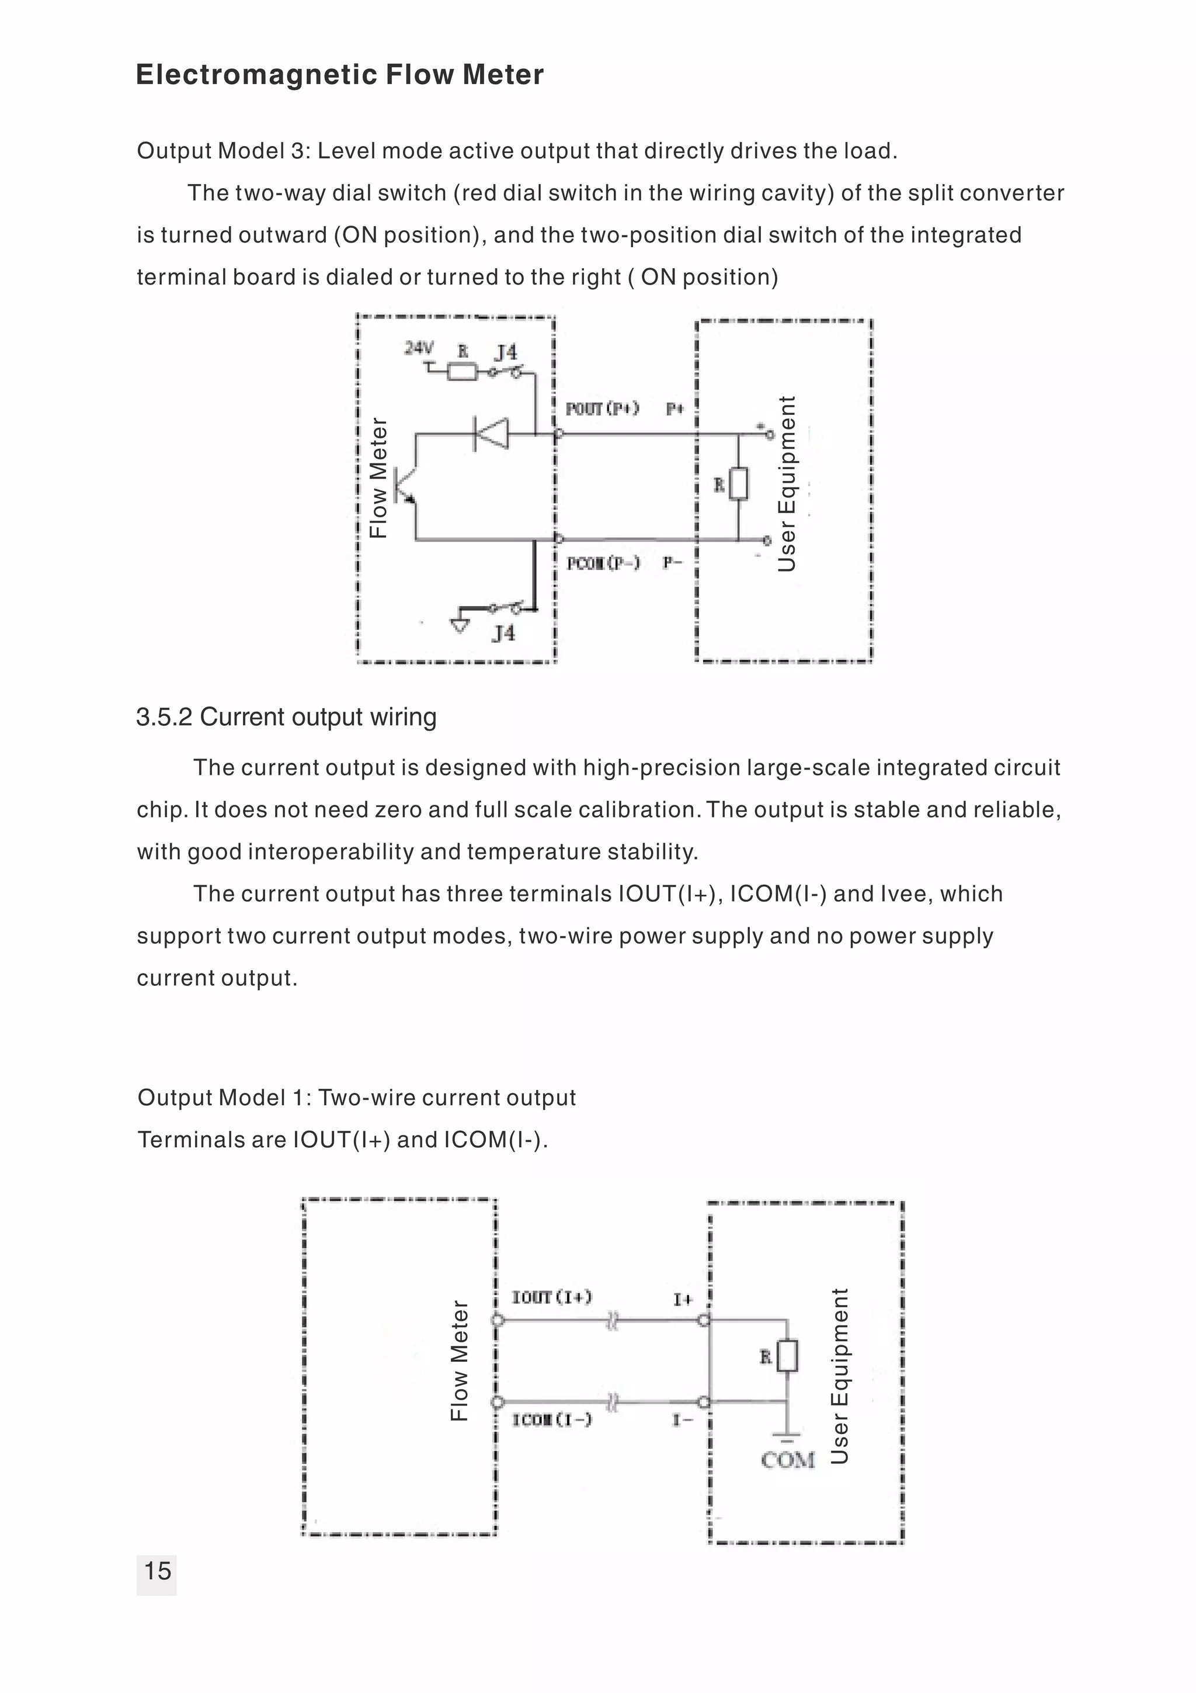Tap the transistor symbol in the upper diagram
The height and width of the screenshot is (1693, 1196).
pos(405,485)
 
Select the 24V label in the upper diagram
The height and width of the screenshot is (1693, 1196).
pos(419,347)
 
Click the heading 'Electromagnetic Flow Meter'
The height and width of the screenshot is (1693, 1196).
pos(340,74)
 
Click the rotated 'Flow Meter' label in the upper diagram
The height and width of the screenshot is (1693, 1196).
pos(378,478)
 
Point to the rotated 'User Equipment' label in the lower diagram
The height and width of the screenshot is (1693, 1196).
pos(839,1375)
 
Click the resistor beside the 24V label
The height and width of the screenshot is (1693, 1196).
pos(463,372)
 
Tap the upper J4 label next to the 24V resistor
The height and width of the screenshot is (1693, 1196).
pos(506,352)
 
